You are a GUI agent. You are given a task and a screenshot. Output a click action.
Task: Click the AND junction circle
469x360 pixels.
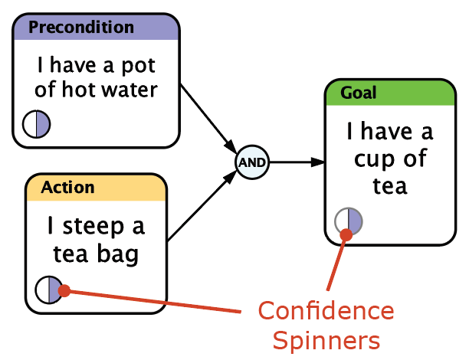click(252, 162)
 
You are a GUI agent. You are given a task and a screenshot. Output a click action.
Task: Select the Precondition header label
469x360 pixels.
click(81, 28)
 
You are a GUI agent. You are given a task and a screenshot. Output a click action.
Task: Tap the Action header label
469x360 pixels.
click(67, 188)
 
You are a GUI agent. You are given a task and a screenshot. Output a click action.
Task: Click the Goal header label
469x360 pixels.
click(359, 93)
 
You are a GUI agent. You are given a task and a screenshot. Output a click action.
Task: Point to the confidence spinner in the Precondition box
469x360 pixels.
click(37, 124)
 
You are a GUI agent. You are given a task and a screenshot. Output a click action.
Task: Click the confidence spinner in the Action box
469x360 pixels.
click(49, 290)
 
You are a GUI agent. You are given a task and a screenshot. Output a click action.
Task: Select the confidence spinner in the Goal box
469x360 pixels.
click(349, 221)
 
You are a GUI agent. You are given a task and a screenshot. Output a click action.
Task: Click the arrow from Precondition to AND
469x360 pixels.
click(208, 119)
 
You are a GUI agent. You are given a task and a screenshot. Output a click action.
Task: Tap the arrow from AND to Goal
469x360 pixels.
click(297, 162)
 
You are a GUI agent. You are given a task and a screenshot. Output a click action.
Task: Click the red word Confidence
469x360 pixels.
click(326, 311)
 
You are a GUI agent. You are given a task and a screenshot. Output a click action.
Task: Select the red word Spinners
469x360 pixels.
click(326, 341)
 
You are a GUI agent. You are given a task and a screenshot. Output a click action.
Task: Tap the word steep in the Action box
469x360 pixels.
click(93, 227)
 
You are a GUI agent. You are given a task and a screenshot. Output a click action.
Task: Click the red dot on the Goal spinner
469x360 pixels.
click(346, 234)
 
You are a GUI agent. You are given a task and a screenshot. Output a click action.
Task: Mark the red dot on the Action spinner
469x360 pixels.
click(64, 290)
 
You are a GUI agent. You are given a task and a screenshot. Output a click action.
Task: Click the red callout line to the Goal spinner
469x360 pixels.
click(337, 263)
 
